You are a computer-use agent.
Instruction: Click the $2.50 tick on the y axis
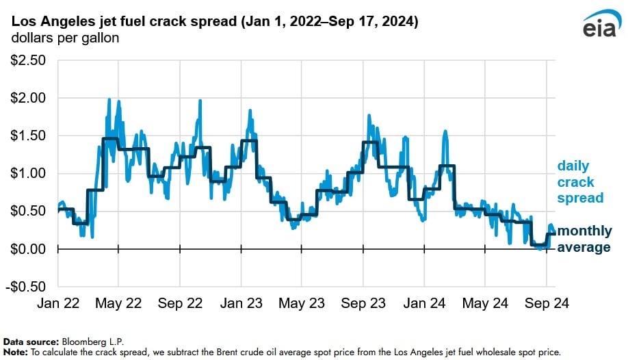[27, 61]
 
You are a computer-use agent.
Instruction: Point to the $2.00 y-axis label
[27, 99]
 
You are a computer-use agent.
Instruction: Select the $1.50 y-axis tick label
[27, 136]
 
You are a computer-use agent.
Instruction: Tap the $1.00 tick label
[27, 173]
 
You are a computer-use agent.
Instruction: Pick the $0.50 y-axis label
[27, 211]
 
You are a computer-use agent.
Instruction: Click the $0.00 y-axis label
[27, 248]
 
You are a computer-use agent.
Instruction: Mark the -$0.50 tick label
[26, 286]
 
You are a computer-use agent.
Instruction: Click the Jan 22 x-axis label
[57, 302]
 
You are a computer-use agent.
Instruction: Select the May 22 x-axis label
[118, 302]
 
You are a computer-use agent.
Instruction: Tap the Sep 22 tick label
[179, 302]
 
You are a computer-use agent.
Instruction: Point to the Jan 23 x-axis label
[241, 302]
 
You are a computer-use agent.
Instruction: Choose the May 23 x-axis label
[302, 302]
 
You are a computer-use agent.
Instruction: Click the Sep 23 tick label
[363, 302]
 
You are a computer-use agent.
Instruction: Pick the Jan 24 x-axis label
[424, 302]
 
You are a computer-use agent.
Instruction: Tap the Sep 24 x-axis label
[546, 302]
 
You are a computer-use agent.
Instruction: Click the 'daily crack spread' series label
[580, 182]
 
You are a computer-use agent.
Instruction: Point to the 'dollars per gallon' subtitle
[65, 38]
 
